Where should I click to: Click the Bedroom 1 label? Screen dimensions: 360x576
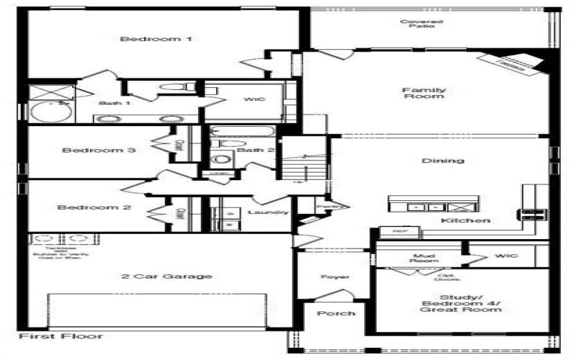156,39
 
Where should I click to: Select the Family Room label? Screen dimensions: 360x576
423,93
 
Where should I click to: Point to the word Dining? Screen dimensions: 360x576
444,161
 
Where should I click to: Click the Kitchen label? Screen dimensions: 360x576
466,220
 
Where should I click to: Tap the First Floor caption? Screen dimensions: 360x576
60,336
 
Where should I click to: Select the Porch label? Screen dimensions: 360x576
336,313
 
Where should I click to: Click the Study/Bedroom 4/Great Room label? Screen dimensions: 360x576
461,300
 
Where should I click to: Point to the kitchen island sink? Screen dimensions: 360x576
416,207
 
